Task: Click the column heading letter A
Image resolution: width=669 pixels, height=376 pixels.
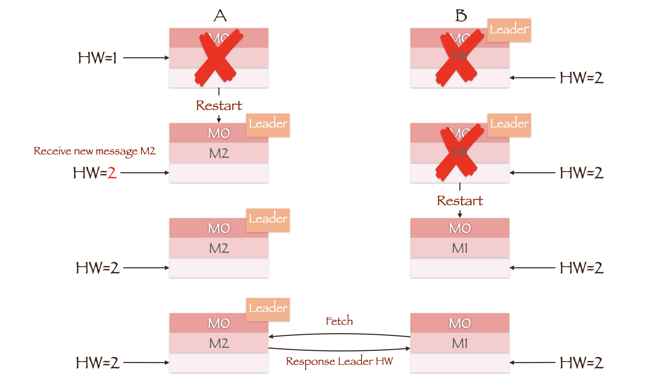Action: pyautogui.click(x=220, y=16)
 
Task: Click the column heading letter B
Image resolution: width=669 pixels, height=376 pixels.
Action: pyautogui.click(x=461, y=16)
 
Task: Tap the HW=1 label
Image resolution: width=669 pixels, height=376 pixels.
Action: pyautogui.click(x=97, y=58)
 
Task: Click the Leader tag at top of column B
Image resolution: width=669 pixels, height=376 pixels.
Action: pyautogui.click(x=509, y=30)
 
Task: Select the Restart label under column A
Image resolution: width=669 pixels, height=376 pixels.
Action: pyautogui.click(x=219, y=105)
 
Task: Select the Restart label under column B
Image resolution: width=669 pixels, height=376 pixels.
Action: pyautogui.click(x=460, y=201)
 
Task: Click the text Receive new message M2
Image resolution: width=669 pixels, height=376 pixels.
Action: pyautogui.click(x=94, y=151)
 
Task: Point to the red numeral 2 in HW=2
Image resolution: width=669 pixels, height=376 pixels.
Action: pyautogui.click(x=112, y=173)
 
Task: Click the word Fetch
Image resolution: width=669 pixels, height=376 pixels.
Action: pyautogui.click(x=339, y=321)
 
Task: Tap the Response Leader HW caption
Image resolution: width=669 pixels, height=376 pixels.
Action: pyautogui.click(x=339, y=361)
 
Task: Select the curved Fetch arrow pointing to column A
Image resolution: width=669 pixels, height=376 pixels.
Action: pyautogui.click(x=339, y=334)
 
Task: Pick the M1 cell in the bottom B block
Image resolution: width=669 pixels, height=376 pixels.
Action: pyautogui.click(x=460, y=343)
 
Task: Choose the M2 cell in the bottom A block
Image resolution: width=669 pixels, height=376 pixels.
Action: pyautogui.click(x=219, y=343)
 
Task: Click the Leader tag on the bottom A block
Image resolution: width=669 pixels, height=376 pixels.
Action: pyautogui.click(x=268, y=308)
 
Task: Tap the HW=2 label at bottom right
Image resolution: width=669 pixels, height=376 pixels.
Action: pyautogui.click(x=581, y=363)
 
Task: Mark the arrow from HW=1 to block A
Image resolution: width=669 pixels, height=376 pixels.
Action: pyautogui.click(x=146, y=58)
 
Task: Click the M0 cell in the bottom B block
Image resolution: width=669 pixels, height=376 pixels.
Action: pyautogui.click(x=460, y=323)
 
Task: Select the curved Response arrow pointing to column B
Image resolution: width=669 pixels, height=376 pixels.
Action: pyautogui.click(x=339, y=350)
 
